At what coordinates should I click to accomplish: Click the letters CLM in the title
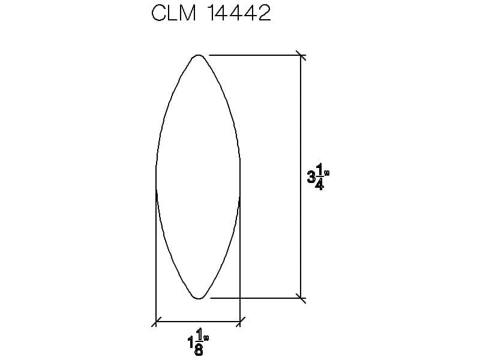pos(173,13)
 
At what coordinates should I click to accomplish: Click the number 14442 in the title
pos(239,13)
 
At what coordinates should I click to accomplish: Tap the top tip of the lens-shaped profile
pos(199,55)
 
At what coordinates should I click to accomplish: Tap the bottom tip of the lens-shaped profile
pos(199,298)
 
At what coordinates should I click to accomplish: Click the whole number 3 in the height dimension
pos(311,177)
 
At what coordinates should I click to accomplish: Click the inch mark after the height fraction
pos(326,173)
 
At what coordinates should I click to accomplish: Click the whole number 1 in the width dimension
pos(190,342)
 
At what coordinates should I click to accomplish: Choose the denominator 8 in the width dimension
pos(199,350)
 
